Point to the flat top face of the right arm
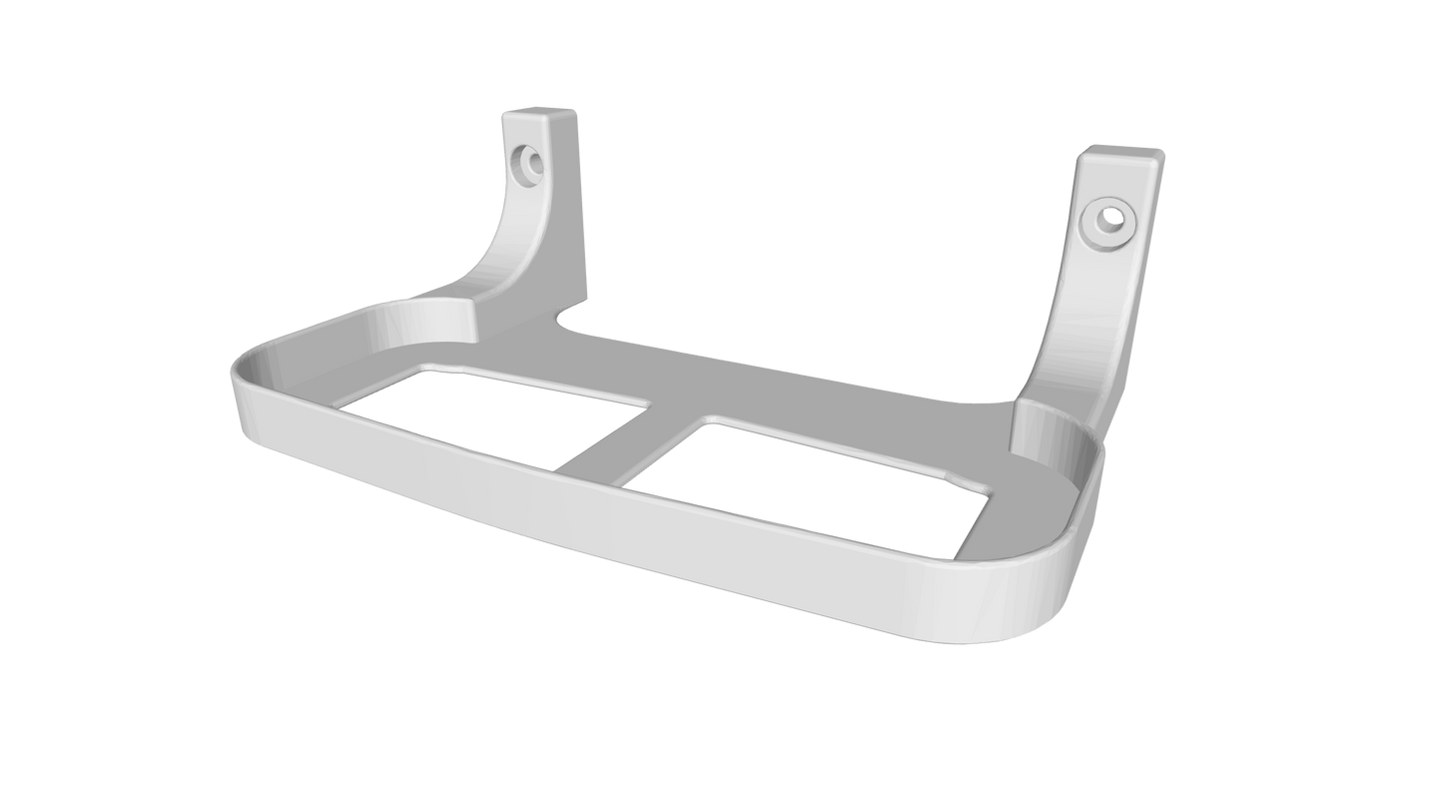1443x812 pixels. (1121, 155)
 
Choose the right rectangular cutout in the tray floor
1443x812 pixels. (809, 465)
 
